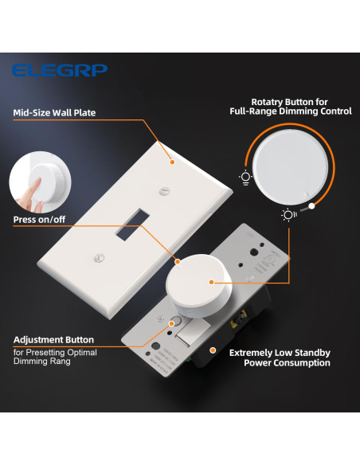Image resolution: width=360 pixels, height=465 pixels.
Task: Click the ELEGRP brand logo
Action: pyautogui.click(x=60, y=70)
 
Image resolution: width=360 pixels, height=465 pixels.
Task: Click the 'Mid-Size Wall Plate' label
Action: pyautogui.click(x=54, y=112)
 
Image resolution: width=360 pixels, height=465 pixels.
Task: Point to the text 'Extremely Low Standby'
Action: pyautogui.click(x=280, y=352)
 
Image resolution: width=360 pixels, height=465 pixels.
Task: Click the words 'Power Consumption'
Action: pyautogui.click(x=285, y=363)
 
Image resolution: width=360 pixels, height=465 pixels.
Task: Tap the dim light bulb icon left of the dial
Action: pyautogui.click(x=245, y=177)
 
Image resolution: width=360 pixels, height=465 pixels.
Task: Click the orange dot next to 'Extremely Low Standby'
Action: pyautogui.click(x=213, y=348)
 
